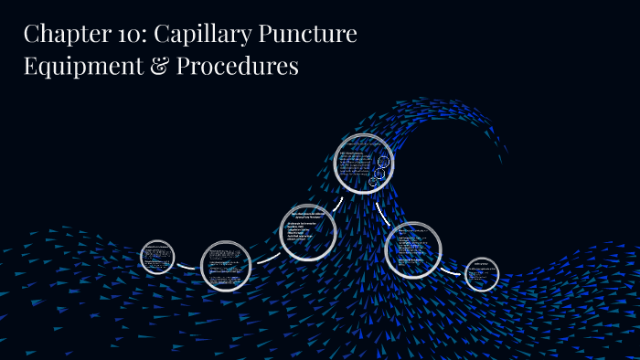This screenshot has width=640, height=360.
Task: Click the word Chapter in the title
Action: pyautogui.click(x=62, y=36)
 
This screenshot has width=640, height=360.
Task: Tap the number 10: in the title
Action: pyautogui.click(x=129, y=36)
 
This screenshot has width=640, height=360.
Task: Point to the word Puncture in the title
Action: pyautogui.click(x=311, y=36)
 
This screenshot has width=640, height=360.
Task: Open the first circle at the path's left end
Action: pyautogui.click(x=157, y=256)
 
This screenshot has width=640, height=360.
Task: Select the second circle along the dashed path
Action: pyautogui.click(x=225, y=266)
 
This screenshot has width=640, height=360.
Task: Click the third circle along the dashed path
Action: pyautogui.click(x=307, y=231)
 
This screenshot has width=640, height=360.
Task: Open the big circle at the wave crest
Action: pyautogui.click(x=363, y=164)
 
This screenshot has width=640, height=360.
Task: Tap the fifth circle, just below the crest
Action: pyautogui.click(x=413, y=249)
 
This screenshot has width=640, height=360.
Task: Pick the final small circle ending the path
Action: pyautogui.click(x=481, y=274)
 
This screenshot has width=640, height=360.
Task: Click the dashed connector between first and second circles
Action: pyautogui.click(x=187, y=267)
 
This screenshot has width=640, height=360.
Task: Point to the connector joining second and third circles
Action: pyautogui.click(x=264, y=256)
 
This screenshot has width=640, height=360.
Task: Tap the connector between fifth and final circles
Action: pyautogui.click(x=452, y=270)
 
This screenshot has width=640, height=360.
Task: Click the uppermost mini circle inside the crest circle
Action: pyautogui.click(x=384, y=163)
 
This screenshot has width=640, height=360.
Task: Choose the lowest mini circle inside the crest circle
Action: pyautogui.click(x=374, y=182)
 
